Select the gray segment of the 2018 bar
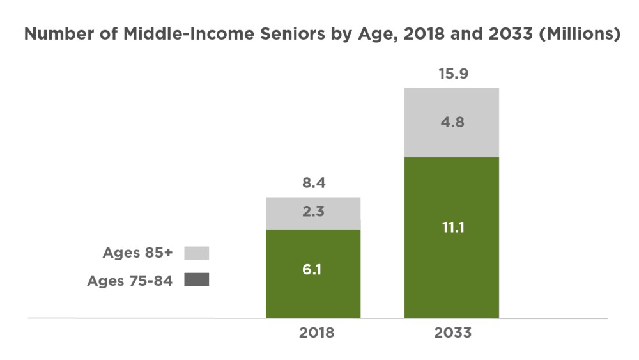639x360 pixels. [313, 221]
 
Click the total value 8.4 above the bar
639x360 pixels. [313, 184]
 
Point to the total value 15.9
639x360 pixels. [452, 74]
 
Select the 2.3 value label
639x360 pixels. [313, 212]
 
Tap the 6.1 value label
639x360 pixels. [313, 270]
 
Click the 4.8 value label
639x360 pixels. [452, 122]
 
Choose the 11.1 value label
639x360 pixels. [452, 227]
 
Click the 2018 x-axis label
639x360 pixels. [313, 333]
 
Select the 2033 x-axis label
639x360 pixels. [452, 333]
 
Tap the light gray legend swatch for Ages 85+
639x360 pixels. [197, 253]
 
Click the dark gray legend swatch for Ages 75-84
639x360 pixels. [197, 280]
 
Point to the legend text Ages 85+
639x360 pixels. [138, 253]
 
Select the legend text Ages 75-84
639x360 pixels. [130, 281]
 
